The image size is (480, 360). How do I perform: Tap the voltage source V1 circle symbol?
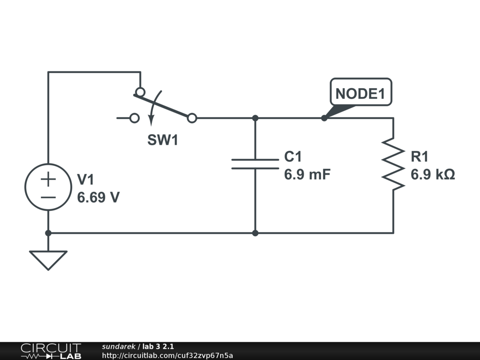[x=48, y=187]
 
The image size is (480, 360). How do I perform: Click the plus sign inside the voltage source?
[x=48, y=179]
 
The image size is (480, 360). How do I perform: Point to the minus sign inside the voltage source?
[x=48, y=196]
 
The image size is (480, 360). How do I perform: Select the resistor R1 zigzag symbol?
[x=393, y=164]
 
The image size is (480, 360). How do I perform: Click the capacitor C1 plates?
[x=255, y=164]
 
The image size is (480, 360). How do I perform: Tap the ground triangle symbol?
[x=48, y=259]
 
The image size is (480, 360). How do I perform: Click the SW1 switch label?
[x=163, y=140]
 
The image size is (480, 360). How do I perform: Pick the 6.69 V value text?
[x=98, y=197]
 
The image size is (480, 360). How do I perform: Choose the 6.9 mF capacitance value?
[x=307, y=174]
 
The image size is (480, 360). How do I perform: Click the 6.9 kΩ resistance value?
[x=433, y=174]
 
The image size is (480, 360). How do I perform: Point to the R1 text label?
[x=420, y=157]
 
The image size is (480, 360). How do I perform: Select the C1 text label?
[x=293, y=157]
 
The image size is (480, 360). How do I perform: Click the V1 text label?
[x=86, y=180]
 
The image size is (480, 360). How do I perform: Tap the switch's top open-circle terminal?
[x=140, y=91]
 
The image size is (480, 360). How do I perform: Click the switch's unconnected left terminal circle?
[x=135, y=118]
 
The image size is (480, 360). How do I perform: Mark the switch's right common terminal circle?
[x=192, y=118]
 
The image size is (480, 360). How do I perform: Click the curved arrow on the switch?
[x=153, y=108]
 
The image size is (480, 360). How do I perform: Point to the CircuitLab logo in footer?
[x=50, y=351]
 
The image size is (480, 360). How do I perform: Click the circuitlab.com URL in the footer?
[x=167, y=355]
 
